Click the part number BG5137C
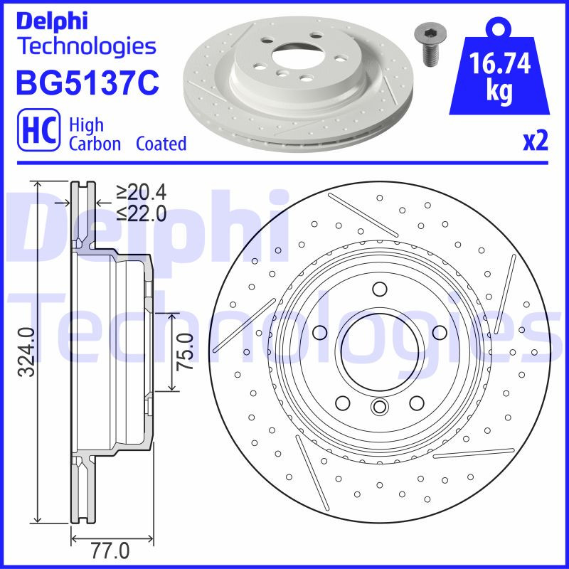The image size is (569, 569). pyautogui.click(x=86, y=84)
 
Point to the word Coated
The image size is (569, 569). pyautogui.click(x=161, y=144)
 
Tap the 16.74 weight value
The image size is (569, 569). pyautogui.click(x=501, y=65)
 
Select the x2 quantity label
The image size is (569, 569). pyautogui.click(x=536, y=141)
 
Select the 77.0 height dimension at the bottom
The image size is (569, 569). pyautogui.click(x=112, y=551)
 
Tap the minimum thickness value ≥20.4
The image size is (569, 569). pyautogui.click(x=141, y=192)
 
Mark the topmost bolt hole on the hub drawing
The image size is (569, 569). pyautogui.click(x=378, y=288)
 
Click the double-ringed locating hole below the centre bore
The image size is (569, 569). pyautogui.click(x=378, y=407)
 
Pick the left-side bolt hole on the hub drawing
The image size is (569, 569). pyautogui.click(x=320, y=332)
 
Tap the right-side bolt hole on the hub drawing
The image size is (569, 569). pyautogui.click(x=438, y=332)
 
